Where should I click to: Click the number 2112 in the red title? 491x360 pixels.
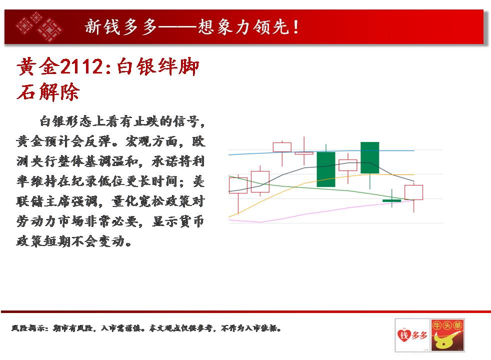click(x=81, y=66)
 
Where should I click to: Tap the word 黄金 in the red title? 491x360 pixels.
click(x=38, y=66)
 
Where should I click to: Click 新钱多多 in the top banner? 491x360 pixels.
click(x=121, y=26)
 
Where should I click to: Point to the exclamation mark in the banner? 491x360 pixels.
click(x=295, y=27)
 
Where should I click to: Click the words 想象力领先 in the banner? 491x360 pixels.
click(x=243, y=26)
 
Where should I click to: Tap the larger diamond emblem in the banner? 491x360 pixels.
click(x=49, y=29)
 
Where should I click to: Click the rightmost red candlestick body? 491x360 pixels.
click(x=413, y=192)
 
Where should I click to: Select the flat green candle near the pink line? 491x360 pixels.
click(x=391, y=200)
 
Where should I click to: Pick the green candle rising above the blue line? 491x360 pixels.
click(x=370, y=157)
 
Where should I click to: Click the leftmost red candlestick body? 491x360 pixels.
click(x=238, y=185)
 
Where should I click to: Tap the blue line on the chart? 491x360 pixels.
click(x=321, y=151)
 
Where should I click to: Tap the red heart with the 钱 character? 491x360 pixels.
click(x=404, y=335)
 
